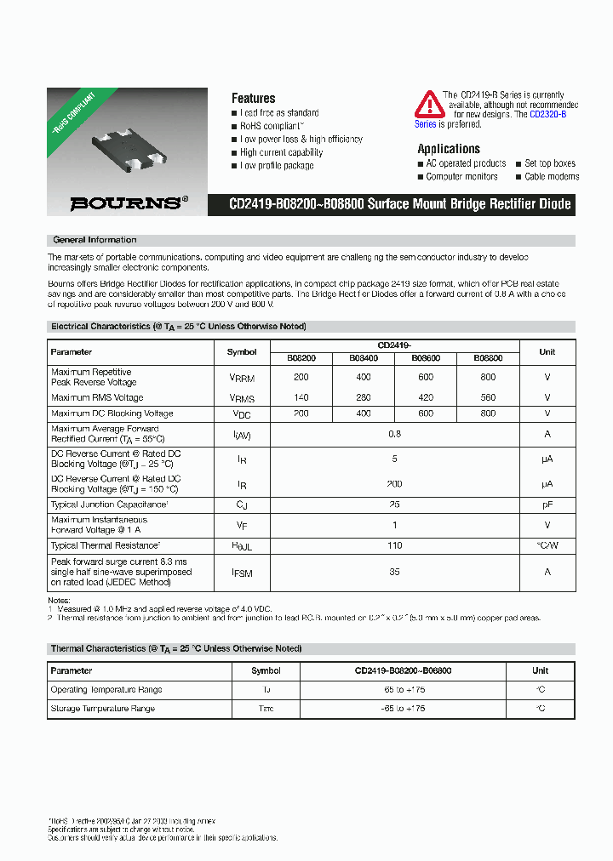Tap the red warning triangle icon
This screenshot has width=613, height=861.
pos(429,105)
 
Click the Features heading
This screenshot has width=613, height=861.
pos(253,98)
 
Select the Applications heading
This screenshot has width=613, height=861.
pos(448,148)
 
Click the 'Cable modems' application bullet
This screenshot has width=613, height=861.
pos(551,177)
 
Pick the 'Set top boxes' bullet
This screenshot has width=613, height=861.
pos(549,163)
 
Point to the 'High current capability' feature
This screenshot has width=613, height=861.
pos(281,152)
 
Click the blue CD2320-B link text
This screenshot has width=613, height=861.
pos(547,114)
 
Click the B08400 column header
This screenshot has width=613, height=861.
pos(364,358)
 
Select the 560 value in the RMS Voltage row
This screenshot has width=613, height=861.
pos(487,397)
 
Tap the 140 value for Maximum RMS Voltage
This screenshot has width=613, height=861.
pos(301,397)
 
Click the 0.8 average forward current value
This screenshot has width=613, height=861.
pos(394,434)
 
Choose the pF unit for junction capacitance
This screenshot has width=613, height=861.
pos(547,505)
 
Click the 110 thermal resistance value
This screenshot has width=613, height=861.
pos(394,545)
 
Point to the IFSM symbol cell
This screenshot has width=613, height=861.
pos(242,573)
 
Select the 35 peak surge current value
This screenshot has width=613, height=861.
pos(394,573)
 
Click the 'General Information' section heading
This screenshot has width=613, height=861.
pos(95,240)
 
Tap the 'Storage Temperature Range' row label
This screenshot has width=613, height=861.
pos(102,709)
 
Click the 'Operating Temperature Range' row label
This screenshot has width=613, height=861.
pos(106,690)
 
